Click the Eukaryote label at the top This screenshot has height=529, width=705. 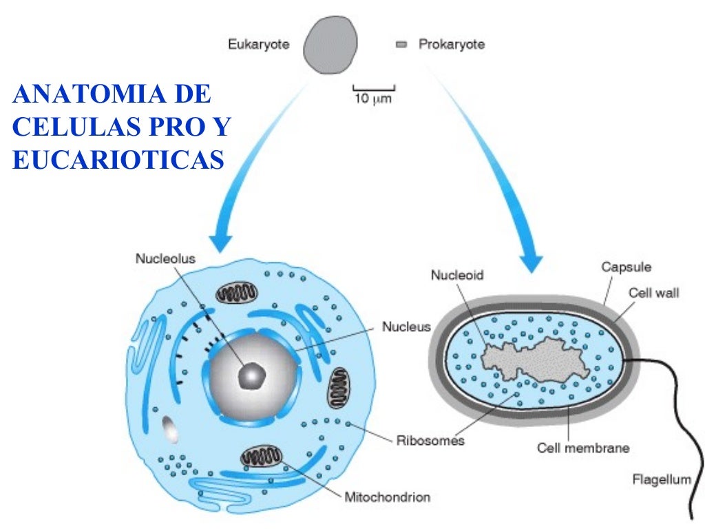[x=258, y=45]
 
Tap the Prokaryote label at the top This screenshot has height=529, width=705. [x=451, y=45]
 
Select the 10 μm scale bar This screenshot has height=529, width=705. [x=373, y=90]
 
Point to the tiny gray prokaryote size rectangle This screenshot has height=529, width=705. [x=401, y=45]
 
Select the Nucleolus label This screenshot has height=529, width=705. [x=165, y=259]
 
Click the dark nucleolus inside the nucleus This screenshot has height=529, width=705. [x=251, y=376]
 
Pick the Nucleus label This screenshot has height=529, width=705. [x=406, y=326]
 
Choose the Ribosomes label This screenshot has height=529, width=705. [x=430, y=440]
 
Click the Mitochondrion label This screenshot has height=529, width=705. [x=387, y=496]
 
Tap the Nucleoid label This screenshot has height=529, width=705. [x=457, y=275]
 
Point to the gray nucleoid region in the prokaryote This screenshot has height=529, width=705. [x=537, y=359]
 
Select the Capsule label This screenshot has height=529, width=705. [x=626, y=267]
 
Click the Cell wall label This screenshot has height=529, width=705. [x=653, y=293]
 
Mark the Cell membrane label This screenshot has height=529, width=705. [x=583, y=448]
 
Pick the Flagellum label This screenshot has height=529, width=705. [x=661, y=479]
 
